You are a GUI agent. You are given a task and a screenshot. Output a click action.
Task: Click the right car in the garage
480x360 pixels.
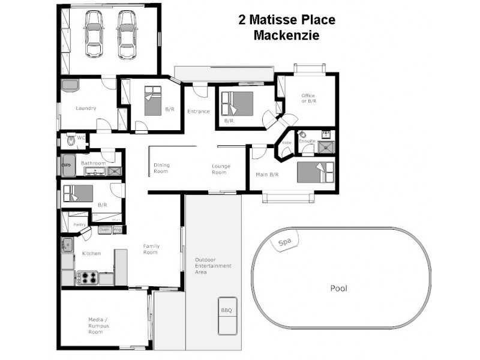coord(126,35)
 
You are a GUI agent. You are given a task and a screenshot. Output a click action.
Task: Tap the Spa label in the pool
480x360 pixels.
coord(284,243)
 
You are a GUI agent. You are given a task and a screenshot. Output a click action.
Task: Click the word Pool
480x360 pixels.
coord(339,288)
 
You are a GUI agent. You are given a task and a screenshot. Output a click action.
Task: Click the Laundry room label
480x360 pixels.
coord(86,109)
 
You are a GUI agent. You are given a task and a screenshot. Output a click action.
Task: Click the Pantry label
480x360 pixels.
coord(79,224)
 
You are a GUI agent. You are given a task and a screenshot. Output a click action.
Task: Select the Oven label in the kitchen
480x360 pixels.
coord(104,229)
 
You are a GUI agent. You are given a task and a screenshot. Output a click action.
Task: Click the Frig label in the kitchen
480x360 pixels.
coord(118,229)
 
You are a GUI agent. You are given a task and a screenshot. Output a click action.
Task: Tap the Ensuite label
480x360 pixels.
coord(308,141)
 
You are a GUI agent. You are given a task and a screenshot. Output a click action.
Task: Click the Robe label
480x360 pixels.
coord(286,143)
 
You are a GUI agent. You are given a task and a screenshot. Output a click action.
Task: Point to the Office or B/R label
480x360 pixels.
coord(308,98)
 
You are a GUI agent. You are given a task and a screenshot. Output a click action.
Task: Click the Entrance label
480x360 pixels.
coord(199,111)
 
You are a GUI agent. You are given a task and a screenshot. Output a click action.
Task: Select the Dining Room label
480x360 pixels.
coord(161,168)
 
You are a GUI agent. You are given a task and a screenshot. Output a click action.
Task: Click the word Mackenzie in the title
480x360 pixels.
coord(286,35)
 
